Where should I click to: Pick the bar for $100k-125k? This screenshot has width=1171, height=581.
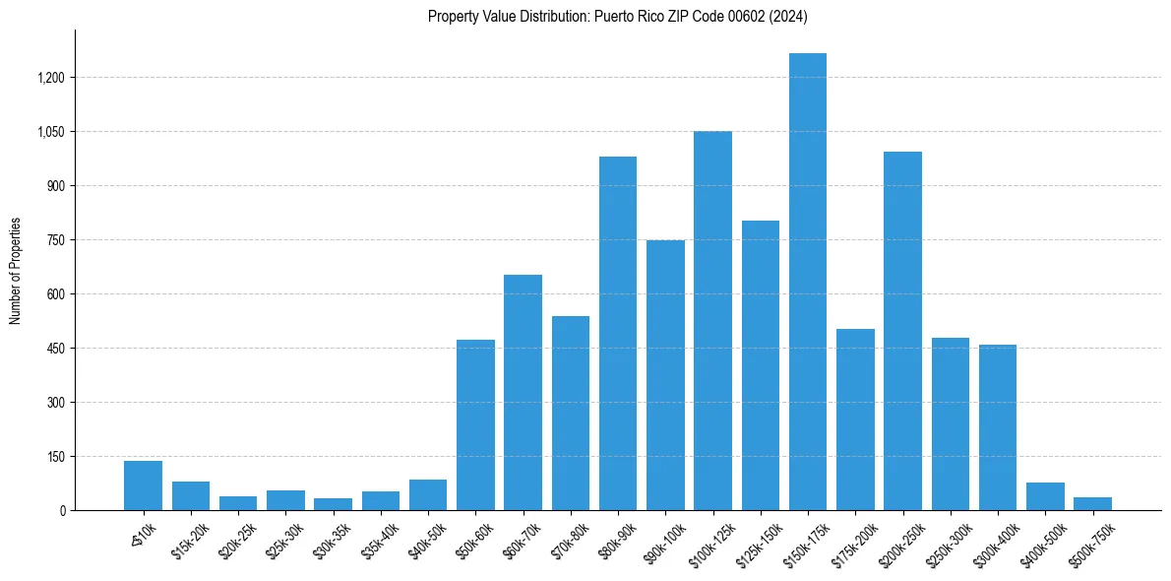tap(712, 320)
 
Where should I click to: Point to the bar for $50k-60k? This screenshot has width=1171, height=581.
tap(475, 424)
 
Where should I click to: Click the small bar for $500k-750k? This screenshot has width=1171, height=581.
tap(1092, 503)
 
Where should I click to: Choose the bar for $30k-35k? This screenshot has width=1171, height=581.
tap(333, 504)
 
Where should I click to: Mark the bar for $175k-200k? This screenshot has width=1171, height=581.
tap(855, 420)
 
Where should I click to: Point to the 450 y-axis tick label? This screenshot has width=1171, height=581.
tap(56, 349)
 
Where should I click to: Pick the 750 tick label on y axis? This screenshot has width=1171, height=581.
tap(56, 240)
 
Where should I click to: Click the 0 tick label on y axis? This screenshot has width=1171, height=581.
tap(62, 511)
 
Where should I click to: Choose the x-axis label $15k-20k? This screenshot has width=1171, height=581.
tap(190, 540)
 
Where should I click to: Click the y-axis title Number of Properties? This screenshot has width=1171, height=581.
tap(15, 271)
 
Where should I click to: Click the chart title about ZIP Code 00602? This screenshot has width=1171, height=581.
tap(617, 17)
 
